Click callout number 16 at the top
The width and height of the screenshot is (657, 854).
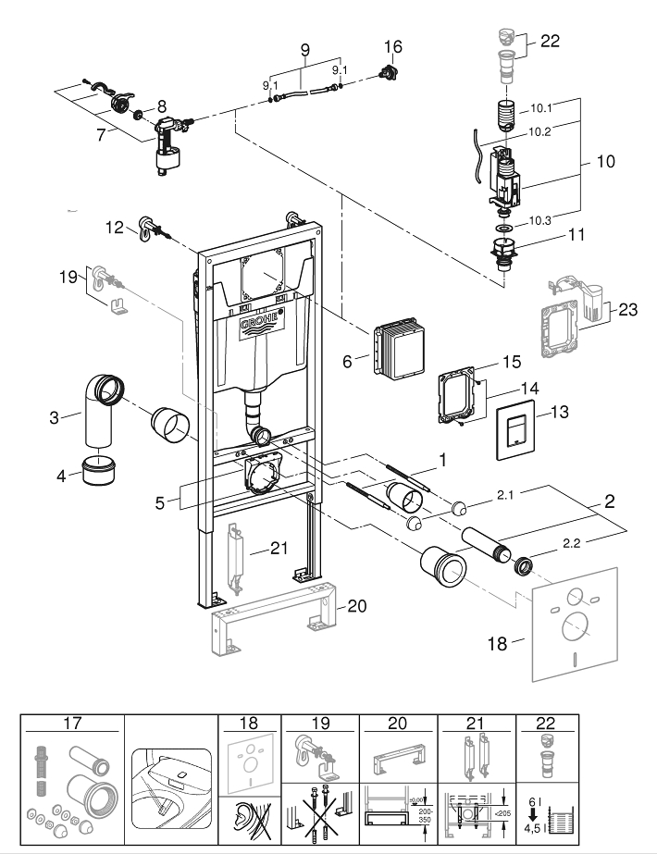[393, 45]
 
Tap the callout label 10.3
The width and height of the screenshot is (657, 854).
[540, 219]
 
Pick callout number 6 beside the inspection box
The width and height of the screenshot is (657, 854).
[347, 363]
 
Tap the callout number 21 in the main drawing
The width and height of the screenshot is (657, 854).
[280, 549]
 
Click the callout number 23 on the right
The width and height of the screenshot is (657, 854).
[628, 312]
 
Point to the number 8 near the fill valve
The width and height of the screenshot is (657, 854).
[161, 106]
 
